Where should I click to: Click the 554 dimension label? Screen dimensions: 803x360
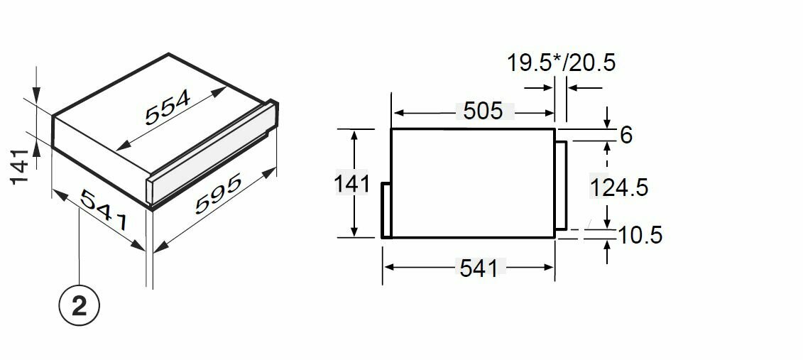pyautogui.click(x=168, y=107)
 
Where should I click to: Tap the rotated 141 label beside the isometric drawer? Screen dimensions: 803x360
pyautogui.click(x=20, y=166)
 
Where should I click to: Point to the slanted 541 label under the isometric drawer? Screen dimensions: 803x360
pyautogui.click(x=103, y=209)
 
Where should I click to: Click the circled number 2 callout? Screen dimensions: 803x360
pyautogui.click(x=80, y=307)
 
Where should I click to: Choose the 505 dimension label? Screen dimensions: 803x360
pyautogui.click(x=484, y=111)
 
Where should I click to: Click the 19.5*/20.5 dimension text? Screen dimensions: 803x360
pyautogui.click(x=561, y=63)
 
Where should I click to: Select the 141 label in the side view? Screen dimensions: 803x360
pyautogui.click(x=352, y=184)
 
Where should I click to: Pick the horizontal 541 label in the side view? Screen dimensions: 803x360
pyautogui.click(x=479, y=268)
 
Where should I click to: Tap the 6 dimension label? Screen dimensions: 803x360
pyautogui.click(x=626, y=135)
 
